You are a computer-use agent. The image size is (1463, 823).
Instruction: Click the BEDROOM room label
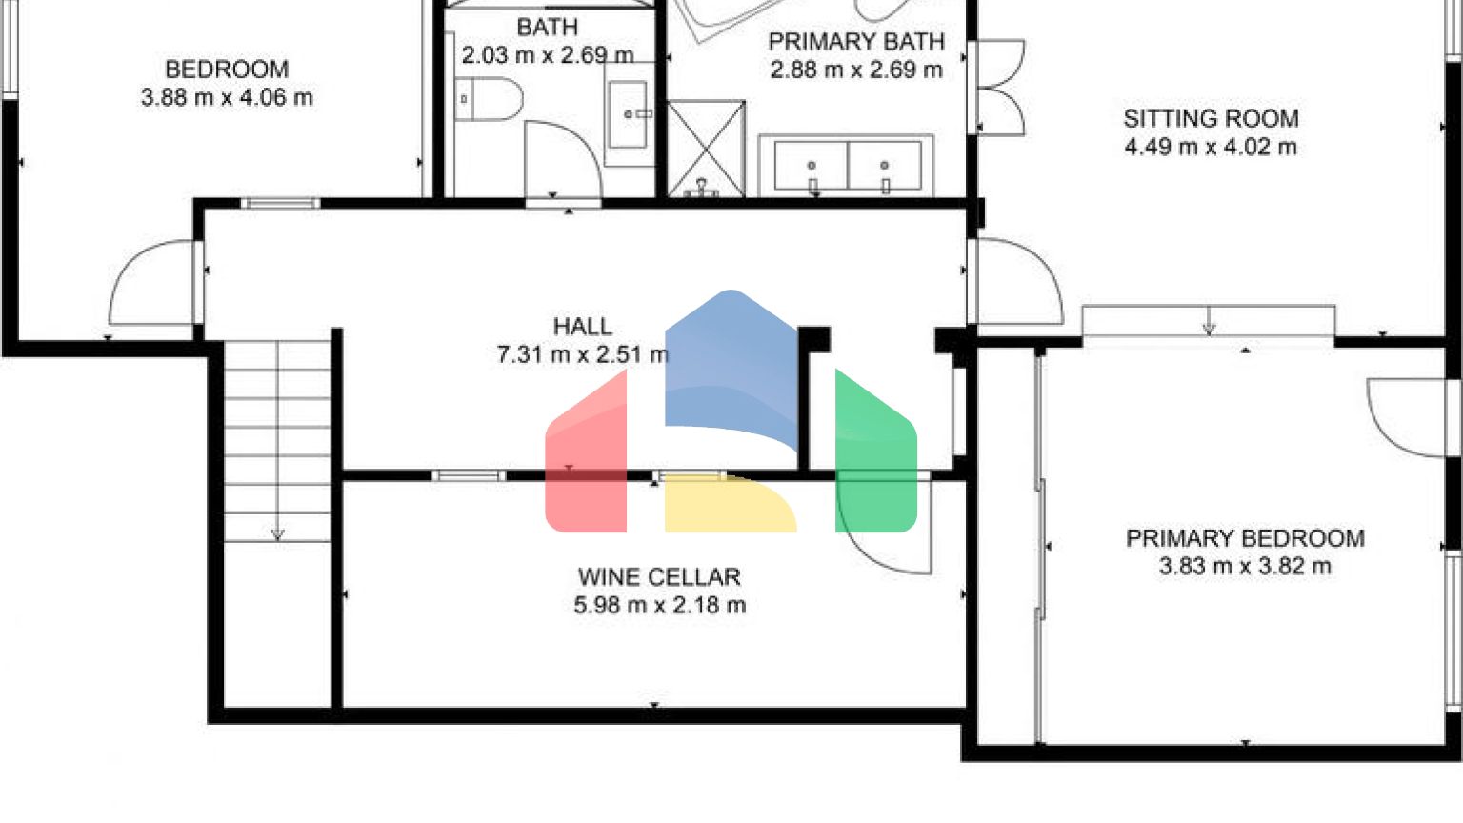(x=227, y=70)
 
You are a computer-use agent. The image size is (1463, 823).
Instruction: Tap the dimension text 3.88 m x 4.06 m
(x=227, y=98)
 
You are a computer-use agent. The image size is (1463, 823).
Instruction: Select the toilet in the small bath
(x=489, y=99)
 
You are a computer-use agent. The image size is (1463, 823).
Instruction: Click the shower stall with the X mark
(x=706, y=149)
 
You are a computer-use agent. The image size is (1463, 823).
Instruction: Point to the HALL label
(x=583, y=327)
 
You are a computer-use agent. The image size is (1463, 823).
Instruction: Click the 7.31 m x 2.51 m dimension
(x=583, y=354)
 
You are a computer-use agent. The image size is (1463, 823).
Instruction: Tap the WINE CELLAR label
(x=660, y=577)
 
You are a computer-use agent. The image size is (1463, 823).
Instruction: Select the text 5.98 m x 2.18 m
(x=660, y=606)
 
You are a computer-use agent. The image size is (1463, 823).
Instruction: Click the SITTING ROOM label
(x=1211, y=119)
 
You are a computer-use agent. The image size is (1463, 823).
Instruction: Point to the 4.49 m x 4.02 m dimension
(x=1211, y=147)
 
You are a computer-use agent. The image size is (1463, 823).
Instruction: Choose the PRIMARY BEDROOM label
(x=1245, y=538)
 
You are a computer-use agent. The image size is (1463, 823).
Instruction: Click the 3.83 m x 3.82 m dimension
(x=1245, y=567)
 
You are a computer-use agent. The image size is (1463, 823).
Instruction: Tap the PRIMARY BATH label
(x=856, y=42)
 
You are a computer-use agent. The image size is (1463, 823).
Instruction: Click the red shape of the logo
(x=586, y=457)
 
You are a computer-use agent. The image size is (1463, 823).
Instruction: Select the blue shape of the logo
(x=731, y=366)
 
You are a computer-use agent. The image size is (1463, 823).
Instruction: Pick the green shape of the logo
(x=876, y=457)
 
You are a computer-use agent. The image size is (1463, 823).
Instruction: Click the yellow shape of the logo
(x=731, y=504)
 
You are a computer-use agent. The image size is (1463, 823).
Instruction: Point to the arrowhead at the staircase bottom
(x=277, y=534)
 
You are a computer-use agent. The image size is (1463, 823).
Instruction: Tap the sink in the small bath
(x=628, y=114)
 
